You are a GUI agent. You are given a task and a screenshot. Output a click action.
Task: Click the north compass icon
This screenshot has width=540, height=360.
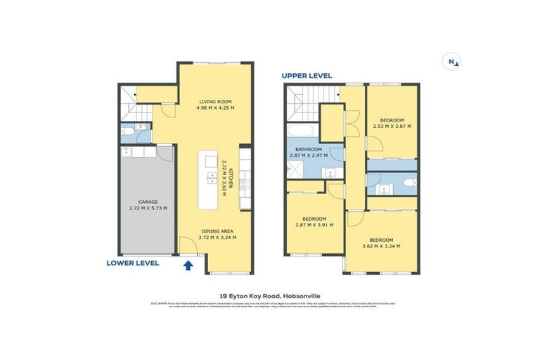(451, 62)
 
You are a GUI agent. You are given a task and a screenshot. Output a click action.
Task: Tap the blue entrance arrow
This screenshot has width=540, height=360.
(188, 264)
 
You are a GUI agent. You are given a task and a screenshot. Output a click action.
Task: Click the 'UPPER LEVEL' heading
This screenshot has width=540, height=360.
(307, 75)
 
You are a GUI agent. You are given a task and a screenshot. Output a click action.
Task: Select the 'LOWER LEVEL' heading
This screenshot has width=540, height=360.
(133, 262)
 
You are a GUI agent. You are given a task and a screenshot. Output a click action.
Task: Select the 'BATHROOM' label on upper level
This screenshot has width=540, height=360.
(309, 149)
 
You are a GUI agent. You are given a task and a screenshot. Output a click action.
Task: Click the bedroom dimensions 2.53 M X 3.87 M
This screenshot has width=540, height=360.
(391, 127)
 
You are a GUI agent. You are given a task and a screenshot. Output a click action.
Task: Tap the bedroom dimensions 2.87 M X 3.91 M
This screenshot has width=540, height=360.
(314, 225)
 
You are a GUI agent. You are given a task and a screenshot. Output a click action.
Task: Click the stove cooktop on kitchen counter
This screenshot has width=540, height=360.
(245, 184)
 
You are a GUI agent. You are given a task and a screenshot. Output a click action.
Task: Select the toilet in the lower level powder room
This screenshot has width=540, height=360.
(127, 131)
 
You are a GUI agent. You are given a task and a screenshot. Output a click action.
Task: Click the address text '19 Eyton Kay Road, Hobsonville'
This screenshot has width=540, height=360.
(270, 296)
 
